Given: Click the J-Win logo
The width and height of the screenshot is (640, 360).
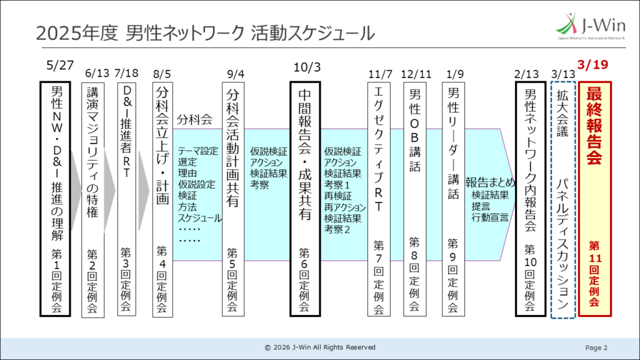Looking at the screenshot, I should click(x=590, y=27).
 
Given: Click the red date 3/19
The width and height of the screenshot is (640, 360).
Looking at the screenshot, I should click(x=594, y=64).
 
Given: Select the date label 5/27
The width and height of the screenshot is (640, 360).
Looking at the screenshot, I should click(x=60, y=64).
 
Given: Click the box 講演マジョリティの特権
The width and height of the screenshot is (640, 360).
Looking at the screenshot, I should click(x=92, y=201).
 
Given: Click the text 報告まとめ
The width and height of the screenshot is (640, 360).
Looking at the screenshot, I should click(x=490, y=182).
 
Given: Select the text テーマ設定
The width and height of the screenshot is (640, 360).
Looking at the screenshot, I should click(x=198, y=151).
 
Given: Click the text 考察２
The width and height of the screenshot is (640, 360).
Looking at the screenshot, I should click(x=337, y=229).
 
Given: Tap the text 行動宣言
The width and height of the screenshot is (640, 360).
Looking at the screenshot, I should click(x=490, y=218).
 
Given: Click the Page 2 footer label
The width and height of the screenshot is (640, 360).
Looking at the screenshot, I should click(x=596, y=347).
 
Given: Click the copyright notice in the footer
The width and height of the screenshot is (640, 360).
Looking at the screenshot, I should click(x=320, y=347).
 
